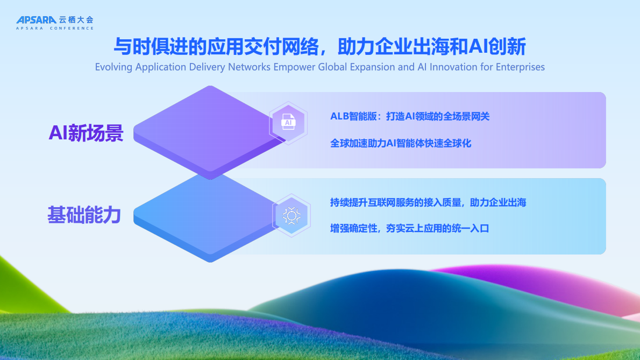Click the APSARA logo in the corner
[36, 20]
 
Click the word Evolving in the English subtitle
[113, 67]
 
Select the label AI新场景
[86, 132]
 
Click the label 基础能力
[84, 215]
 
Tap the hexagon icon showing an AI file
[288, 123]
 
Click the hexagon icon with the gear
[291, 216]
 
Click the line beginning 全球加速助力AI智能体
[401, 144]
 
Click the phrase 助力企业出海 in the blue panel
[498, 202]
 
